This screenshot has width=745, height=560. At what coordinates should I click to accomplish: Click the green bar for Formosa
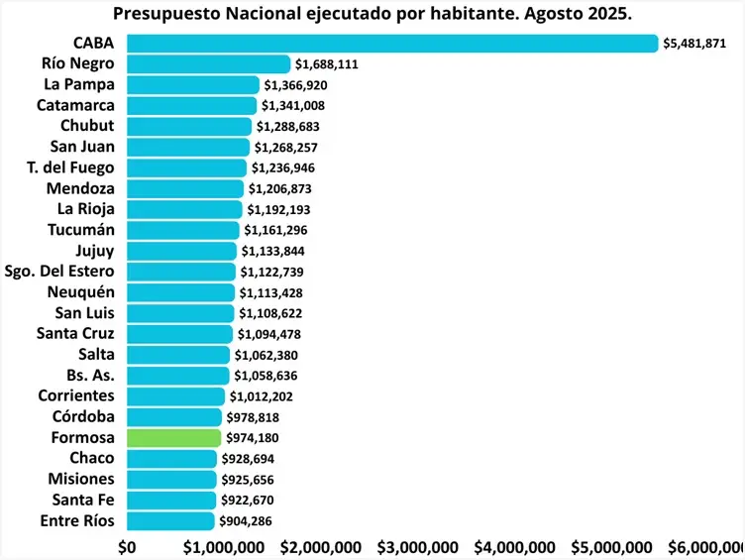(173, 438)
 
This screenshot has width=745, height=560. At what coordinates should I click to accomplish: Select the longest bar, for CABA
(392, 44)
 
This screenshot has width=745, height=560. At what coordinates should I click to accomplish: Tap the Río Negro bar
(208, 64)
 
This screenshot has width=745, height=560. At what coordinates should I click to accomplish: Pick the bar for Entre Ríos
(169, 521)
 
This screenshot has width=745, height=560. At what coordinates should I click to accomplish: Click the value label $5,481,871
(700, 44)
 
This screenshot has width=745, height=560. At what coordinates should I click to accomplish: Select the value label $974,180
(253, 438)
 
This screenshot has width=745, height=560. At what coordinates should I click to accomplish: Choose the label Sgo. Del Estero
(59, 272)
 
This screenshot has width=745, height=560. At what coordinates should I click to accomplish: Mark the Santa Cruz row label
(75, 334)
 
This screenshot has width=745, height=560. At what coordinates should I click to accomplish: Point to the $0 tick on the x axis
(127, 547)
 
